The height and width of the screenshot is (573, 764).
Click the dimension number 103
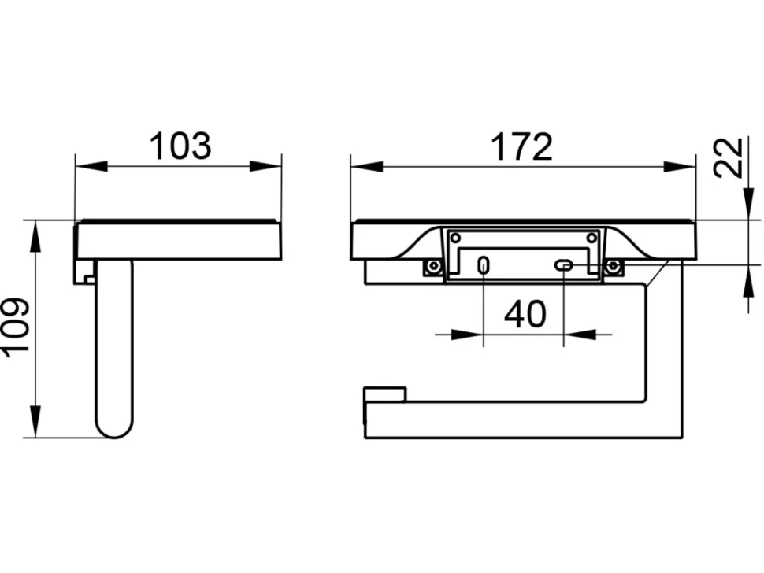click(180, 146)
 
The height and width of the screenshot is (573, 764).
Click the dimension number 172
click(522, 146)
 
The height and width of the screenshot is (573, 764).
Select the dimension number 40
click(525, 314)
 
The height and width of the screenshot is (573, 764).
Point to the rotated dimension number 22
click(728, 157)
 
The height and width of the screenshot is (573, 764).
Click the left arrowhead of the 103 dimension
click(91, 166)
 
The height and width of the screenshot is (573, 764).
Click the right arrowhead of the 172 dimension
click(680, 167)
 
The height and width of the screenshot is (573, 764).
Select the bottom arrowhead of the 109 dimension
click(35, 421)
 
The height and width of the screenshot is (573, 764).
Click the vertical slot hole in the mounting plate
click(484, 264)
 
